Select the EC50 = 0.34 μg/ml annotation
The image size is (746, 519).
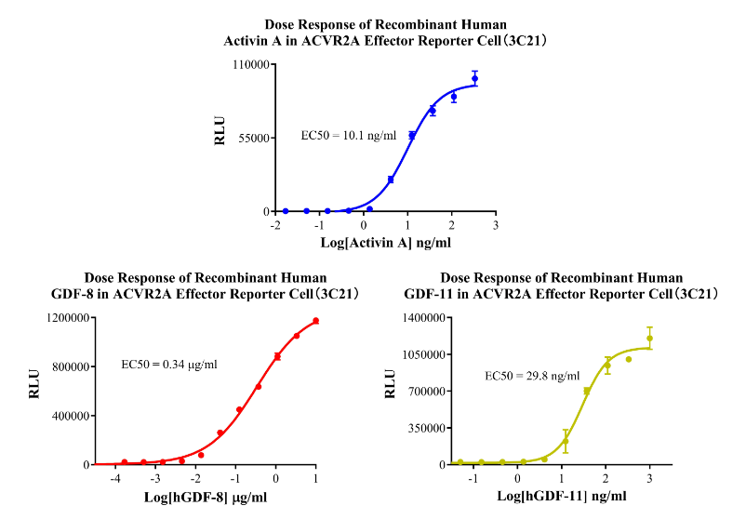pos(170,364)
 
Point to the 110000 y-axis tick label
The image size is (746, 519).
pos(251,65)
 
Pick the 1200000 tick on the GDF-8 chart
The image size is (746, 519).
pos(69,318)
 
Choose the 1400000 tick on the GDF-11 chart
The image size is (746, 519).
pos(422,318)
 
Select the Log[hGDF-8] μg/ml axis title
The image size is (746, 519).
pos(207,497)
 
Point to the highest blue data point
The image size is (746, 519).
pos(474,79)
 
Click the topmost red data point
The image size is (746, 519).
pos(315,322)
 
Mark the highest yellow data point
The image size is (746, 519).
pos(649,339)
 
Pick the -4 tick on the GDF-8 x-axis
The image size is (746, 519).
pos(113,478)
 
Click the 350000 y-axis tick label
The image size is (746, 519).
pos(426,428)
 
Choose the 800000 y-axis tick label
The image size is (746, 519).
pos(72,366)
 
